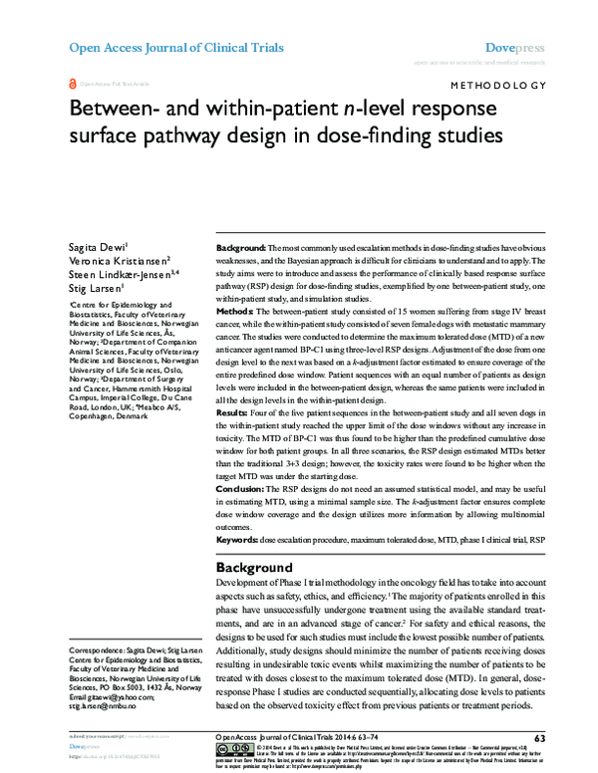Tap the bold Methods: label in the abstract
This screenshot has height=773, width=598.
(236, 312)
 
